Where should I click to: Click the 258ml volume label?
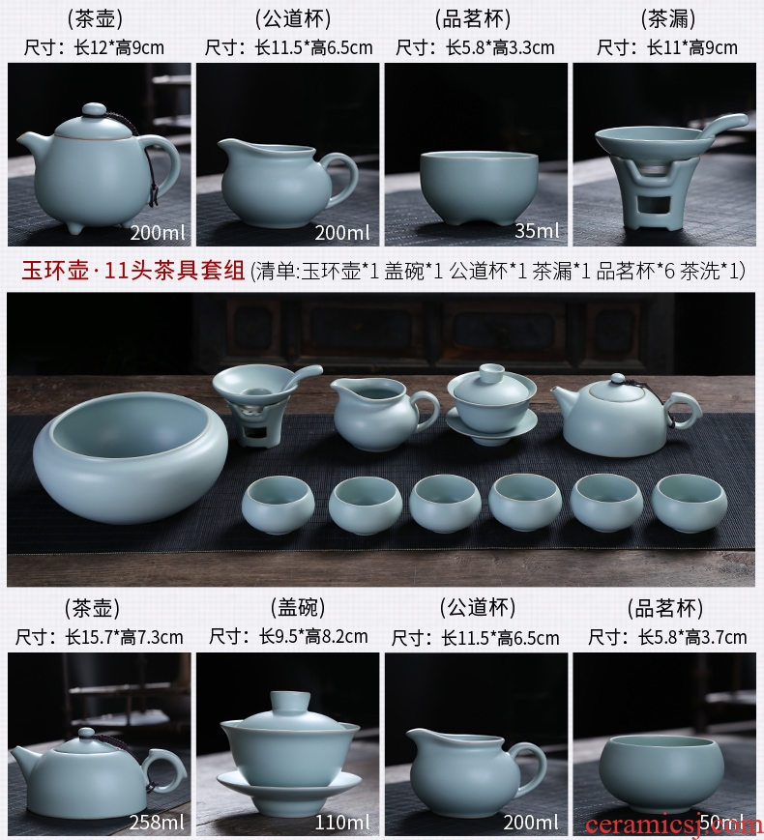point(157,822)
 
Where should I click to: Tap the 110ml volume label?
point(342,822)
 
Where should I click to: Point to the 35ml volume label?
point(537,230)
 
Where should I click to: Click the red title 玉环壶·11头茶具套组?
point(132,271)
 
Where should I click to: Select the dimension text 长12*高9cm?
point(119,47)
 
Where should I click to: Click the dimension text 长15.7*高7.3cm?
point(125,637)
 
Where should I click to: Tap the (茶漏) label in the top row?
point(668,18)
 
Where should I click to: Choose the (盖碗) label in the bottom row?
point(298,607)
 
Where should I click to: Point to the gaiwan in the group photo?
point(491,404)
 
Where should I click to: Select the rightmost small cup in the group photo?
point(690,503)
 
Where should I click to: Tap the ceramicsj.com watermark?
point(673,825)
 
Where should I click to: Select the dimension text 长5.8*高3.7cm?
point(692,637)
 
